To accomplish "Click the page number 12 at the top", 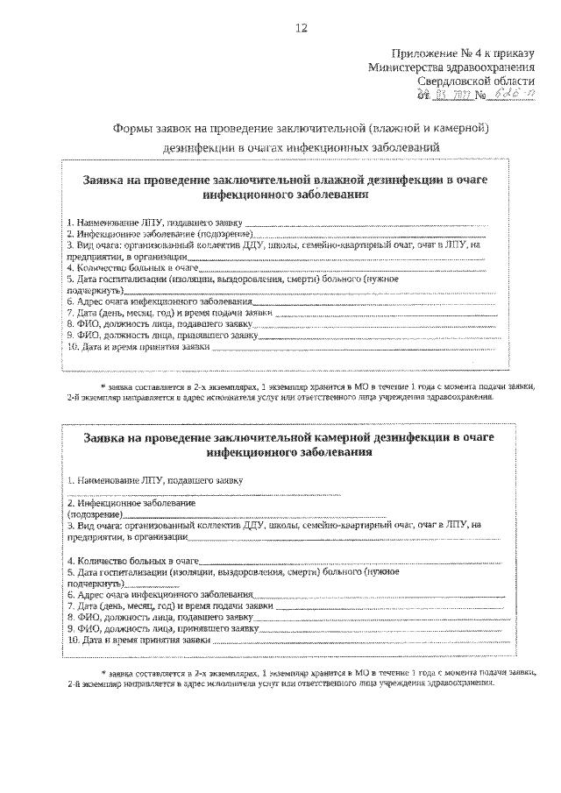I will tap(301, 28).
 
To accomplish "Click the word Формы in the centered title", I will tap(134, 128).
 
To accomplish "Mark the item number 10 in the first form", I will tap(72, 347).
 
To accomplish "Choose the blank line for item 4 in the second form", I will tap(351, 561).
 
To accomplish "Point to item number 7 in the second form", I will tap(70, 605).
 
